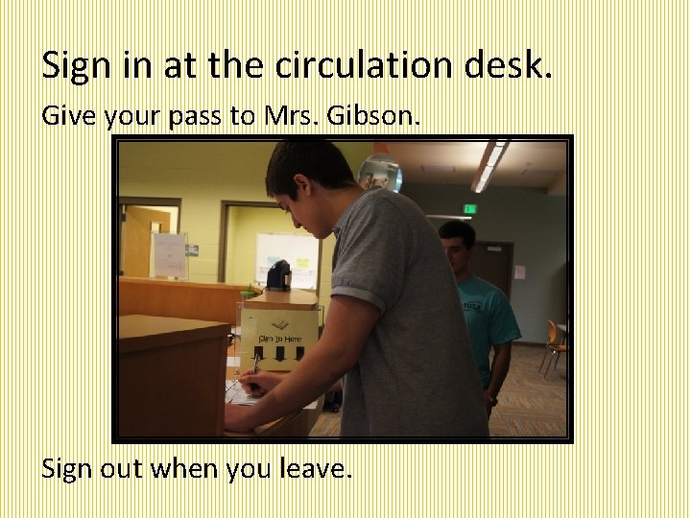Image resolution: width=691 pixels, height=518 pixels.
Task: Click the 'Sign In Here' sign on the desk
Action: (x=278, y=336)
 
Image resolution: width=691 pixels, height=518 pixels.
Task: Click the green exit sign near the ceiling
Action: (x=469, y=208)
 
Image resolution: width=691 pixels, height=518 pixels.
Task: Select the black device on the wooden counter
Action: (x=278, y=276)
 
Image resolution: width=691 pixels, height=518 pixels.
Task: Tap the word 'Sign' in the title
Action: (x=76, y=65)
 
